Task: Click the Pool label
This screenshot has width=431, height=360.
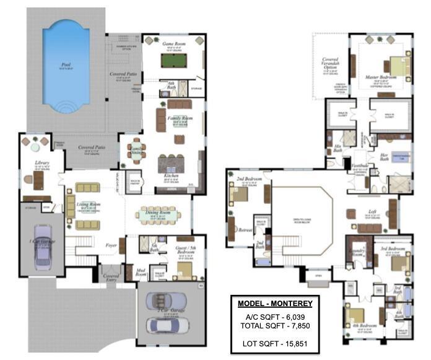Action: click(66, 64)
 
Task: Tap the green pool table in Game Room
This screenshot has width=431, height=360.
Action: click(175, 60)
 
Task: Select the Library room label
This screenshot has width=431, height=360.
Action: click(43, 162)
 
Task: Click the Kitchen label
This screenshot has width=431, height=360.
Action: click(172, 176)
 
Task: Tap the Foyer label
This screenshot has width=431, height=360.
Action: click(111, 245)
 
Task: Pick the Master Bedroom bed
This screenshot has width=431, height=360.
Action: click(397, 66)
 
